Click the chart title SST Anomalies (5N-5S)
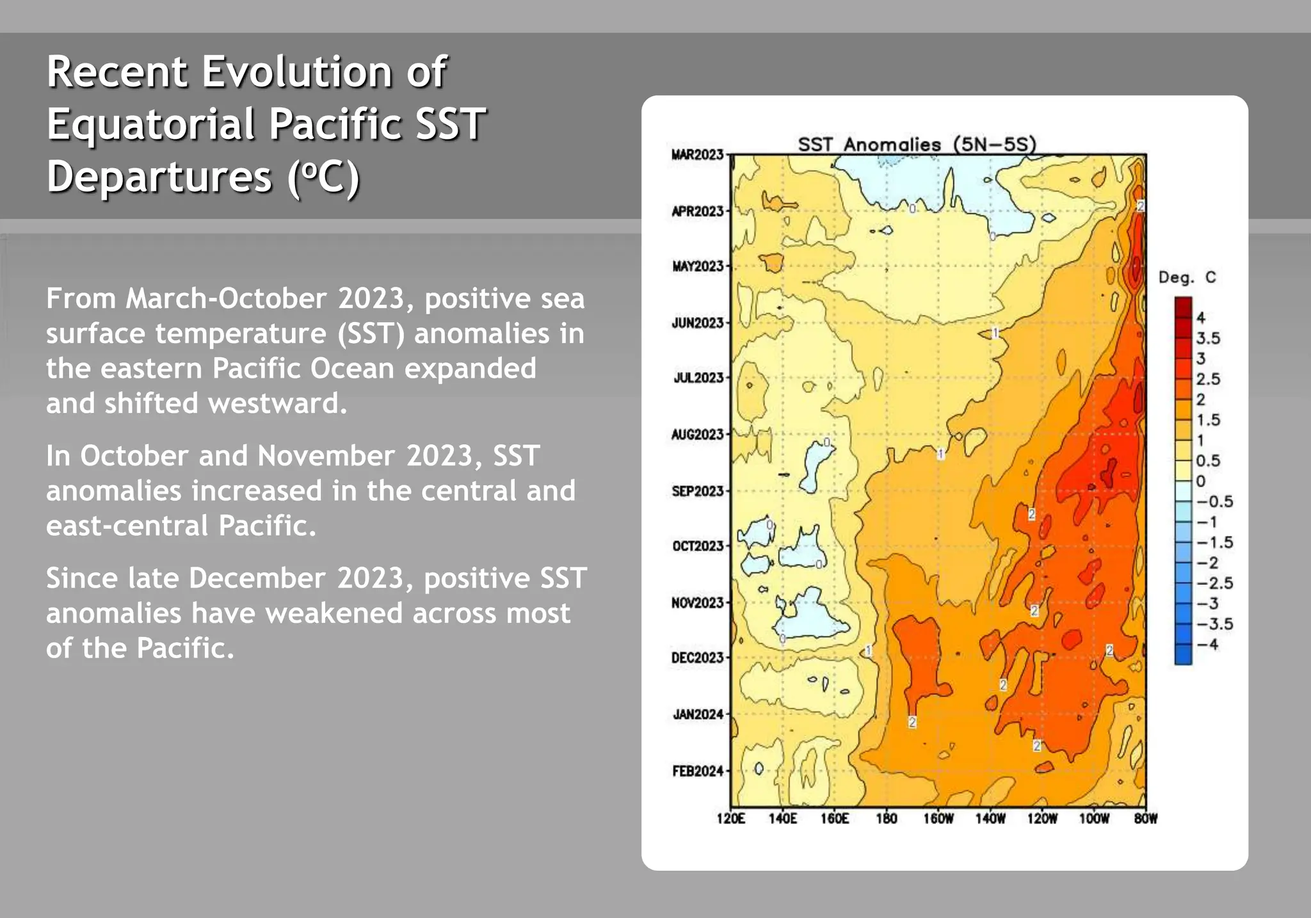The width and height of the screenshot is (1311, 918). coord(916,145)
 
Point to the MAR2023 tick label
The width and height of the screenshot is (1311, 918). coord(697,155)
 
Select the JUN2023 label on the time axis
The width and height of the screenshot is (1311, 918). coord(697,323)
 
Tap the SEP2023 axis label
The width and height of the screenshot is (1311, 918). coord(697,492)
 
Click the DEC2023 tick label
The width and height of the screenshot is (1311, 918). coord(697,658)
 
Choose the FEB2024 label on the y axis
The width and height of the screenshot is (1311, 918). coord(697,771)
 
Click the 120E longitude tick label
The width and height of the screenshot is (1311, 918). coord(730,819)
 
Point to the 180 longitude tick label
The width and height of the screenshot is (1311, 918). coord(886,819)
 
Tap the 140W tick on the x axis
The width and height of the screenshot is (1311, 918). coord(990,819)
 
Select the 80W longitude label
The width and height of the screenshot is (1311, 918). coord(1145,819)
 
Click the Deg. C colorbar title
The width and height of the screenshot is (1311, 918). coord(1186,278)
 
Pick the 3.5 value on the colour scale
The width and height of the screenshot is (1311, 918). coord(1208,339)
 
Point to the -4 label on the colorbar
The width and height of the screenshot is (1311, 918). coord(1207,645)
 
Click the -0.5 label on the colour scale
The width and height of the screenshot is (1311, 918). coord(1213,502)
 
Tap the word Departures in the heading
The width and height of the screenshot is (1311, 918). coord(159,177)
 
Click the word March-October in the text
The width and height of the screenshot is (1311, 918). coord(226,299)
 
